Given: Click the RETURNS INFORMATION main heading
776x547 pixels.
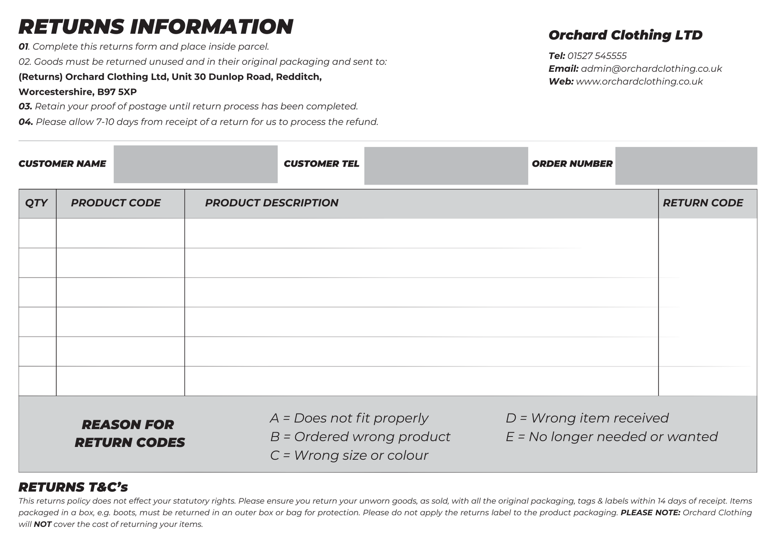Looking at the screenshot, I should (156, 27).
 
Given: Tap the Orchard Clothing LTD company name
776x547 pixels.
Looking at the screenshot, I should (625, 35).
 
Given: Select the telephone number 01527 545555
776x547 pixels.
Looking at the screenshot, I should (597, 56).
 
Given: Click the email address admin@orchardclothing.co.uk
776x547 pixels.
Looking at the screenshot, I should (651, 69).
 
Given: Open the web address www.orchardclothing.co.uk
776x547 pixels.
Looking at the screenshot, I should (639, 82).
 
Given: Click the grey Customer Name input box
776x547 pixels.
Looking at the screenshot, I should (196, 164).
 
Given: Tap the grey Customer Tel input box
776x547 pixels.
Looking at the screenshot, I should (446, 166).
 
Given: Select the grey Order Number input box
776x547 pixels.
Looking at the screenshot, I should (686, 166).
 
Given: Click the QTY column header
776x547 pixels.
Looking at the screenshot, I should (36, 203).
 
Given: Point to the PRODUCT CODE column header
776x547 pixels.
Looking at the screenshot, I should (116, 203).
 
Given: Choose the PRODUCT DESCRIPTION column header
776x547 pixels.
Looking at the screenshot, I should (272, 203).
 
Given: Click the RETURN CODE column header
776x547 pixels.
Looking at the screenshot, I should (703, 203).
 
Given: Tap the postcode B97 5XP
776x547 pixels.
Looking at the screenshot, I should (117, 92).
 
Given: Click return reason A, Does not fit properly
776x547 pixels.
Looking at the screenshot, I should (349, 418).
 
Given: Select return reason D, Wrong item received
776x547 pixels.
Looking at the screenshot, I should (587, 418).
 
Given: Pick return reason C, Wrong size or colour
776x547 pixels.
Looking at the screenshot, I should (349, 455).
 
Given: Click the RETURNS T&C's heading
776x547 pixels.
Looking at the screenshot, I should (73, 487).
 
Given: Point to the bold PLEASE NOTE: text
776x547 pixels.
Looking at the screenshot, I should (650, 513).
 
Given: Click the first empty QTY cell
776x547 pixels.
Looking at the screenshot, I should (37, 233).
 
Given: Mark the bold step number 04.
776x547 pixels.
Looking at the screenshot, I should (26, 122).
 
